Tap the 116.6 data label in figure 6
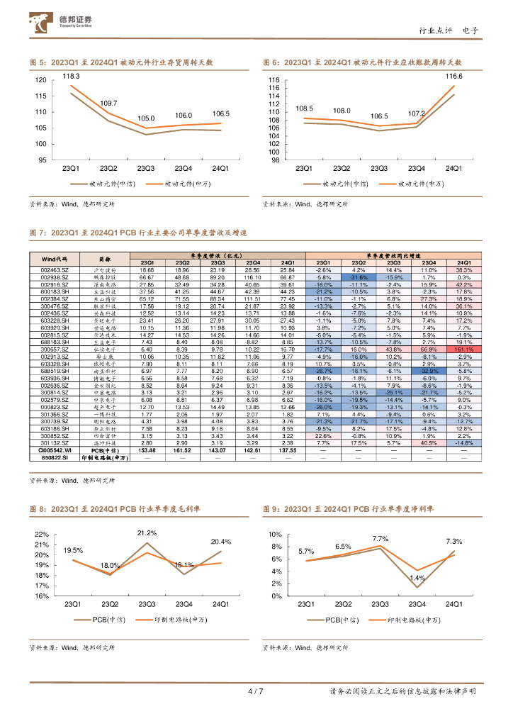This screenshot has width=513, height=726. tap(453, 76)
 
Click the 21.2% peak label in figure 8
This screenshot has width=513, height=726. tap(147, 532)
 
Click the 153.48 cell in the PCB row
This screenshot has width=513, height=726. tap(147, 449)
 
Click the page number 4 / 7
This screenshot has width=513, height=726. tap(256, 691)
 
